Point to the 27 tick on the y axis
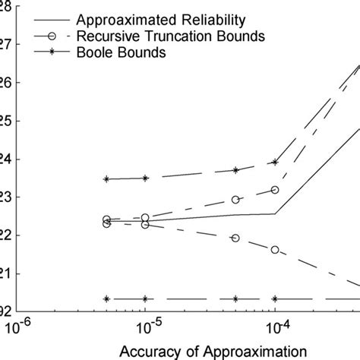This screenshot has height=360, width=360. click(x=5, y=44)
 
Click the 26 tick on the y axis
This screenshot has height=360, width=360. click(x=5, y=82)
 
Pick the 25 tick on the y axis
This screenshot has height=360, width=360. click(x=5, y=121)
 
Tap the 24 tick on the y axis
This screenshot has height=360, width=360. click(x=5, y=159)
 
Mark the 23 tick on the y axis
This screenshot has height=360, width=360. click(x=5, y=197)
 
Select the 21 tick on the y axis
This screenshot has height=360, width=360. click(x=5, y=273)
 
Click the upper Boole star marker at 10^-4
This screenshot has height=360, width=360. click(x=275, y=162)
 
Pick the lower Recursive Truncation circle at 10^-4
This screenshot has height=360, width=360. click(x=275, y=249)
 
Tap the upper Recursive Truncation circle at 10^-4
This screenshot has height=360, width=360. click(x=275, y=189)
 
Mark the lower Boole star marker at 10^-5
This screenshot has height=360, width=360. click(x=145, y=298)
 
